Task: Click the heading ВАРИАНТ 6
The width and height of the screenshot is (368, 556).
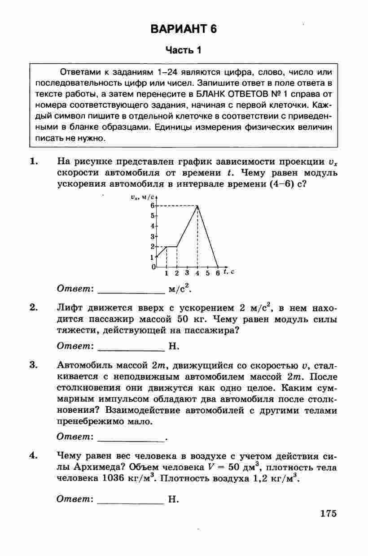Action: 184,30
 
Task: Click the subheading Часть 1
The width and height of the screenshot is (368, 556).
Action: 184,50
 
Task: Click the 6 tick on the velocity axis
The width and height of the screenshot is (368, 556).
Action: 153,206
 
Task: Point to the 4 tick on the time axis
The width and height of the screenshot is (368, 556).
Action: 197,273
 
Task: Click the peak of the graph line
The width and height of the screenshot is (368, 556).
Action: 197,206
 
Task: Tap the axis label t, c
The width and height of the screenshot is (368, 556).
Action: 230,272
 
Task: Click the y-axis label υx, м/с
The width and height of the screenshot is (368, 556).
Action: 142,197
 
